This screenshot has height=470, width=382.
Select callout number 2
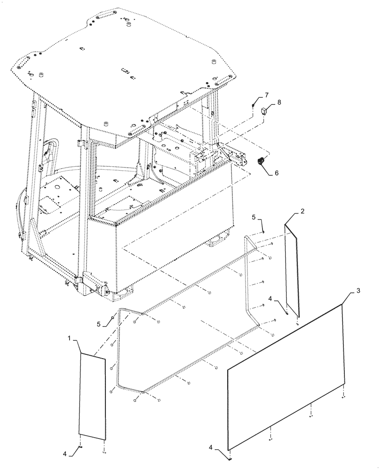pyautogui.click(x=302, y=211)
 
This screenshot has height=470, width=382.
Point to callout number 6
pyautogui.click(x=276, y=173)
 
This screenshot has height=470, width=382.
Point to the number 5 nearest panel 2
pyautogui.click(x=254, y=217)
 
